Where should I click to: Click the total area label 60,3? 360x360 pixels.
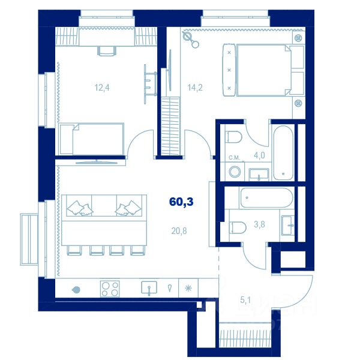181,202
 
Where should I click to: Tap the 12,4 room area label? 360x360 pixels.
102,88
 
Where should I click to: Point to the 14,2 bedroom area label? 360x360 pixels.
195,88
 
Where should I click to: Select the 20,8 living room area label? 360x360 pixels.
179,231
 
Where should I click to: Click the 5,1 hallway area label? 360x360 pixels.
245,300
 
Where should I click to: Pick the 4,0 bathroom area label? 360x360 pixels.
259,155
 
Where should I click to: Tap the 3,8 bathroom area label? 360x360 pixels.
259,224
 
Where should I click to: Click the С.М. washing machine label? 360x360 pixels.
234,158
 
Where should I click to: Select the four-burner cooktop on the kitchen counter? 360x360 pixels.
110,289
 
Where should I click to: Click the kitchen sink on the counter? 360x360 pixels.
149,288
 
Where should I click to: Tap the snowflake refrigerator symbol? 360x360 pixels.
188,288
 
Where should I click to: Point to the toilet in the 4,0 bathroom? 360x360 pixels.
233,137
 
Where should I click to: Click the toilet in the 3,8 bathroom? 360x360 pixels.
238,227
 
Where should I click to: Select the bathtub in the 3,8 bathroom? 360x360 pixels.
266,198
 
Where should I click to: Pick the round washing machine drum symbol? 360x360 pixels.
235,172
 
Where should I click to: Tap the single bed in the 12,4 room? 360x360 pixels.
91,139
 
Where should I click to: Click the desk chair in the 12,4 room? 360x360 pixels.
107,51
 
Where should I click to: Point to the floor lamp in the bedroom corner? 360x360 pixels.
190,40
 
